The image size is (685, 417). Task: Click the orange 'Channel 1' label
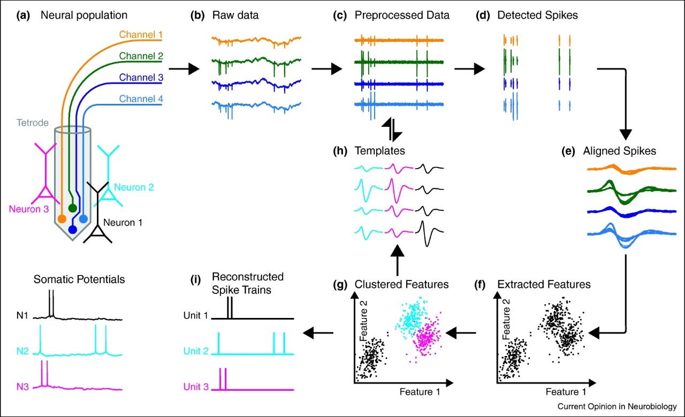point(141,36)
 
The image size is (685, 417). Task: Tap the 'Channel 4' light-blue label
point(141,98)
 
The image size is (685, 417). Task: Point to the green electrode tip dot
point(73,207)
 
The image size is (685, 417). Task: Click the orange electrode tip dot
point(62,218)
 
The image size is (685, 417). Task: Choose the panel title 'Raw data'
point(235,15)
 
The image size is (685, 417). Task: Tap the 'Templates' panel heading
point(379,151)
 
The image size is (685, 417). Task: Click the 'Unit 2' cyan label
point(195,351)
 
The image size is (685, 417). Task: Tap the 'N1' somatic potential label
point(23,316)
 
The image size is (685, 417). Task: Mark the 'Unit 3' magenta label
point(195,386)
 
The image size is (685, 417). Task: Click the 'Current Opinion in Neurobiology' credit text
point(617,406)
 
